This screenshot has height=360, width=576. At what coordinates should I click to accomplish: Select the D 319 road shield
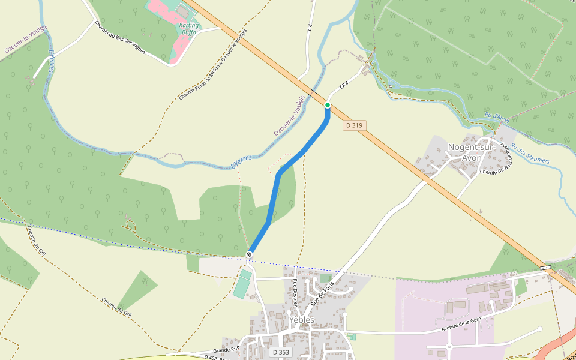point(354,125)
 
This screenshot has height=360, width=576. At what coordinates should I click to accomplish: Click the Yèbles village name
point(301,320)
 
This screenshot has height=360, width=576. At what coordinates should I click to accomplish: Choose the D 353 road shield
point(280,352)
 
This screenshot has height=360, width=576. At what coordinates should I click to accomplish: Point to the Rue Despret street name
point(295,292)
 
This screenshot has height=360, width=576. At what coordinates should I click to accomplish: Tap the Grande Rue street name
point(226,349)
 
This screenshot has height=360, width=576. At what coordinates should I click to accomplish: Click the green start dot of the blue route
point(328,105)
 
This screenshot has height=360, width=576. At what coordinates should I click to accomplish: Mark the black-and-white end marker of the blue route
point(249,256)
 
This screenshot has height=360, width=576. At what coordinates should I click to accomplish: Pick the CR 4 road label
point(344,85)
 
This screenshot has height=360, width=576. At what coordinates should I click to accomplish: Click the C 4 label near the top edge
point(310,27)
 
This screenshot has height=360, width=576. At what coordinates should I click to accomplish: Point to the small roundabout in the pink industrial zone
point(449,346)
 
